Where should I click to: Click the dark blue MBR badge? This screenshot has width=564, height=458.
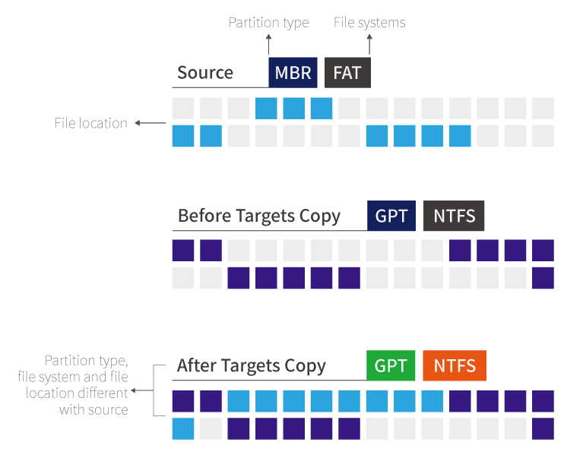click(293, 73)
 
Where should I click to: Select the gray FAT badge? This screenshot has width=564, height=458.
click(347, 73)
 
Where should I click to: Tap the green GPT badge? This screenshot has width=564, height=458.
click(391, 365)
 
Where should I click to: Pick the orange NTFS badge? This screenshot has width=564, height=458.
click(455, 365)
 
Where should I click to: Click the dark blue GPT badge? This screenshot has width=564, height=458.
click(391, 216)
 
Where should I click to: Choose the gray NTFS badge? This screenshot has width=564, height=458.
click(454, 216)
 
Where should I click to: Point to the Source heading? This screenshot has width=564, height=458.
click(205, 73)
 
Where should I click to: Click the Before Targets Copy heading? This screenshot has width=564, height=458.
click(258, 216)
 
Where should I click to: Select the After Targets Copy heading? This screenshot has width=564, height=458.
click(252, 365)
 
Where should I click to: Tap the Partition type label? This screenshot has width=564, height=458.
click(268, 23)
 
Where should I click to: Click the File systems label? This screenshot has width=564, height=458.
click(369, 23)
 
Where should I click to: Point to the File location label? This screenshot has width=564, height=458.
click(90, 123)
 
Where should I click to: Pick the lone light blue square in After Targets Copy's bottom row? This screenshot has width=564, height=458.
click(183, 428)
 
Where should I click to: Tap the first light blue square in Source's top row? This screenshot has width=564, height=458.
click(266, 109)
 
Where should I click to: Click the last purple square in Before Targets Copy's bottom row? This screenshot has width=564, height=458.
click(543, 278)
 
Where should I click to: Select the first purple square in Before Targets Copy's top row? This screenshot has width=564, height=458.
click(183, 251)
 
